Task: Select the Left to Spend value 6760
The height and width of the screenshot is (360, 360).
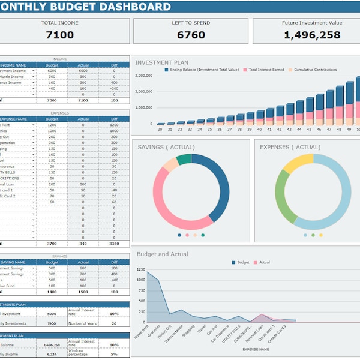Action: [x=191, y=35]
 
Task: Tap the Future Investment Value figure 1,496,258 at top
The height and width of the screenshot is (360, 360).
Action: [x=311, y=35]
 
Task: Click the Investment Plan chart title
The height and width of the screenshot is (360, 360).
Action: [x=161, y=62]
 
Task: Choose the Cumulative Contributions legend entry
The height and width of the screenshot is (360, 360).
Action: [x=315, y=70]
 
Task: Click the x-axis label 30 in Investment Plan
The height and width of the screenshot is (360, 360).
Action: [x=160, y=129]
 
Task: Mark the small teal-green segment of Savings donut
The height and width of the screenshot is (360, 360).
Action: [x=184, y=159]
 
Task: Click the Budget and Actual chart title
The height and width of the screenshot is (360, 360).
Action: [x=162, y=254]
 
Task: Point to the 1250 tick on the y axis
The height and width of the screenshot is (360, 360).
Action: [x=140, y=271]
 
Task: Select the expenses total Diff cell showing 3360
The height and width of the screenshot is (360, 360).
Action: [x=114, y=244]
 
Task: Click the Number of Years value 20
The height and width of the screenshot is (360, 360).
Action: [x=114, y=323]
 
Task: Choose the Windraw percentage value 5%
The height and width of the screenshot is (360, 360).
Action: [x=114, y=354]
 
